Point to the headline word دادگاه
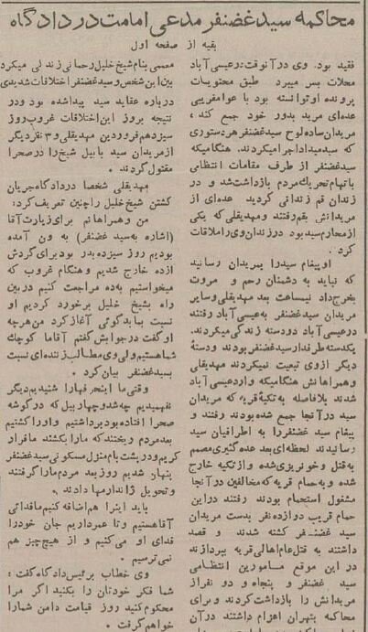pyautogui.click(x=41, y=20)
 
